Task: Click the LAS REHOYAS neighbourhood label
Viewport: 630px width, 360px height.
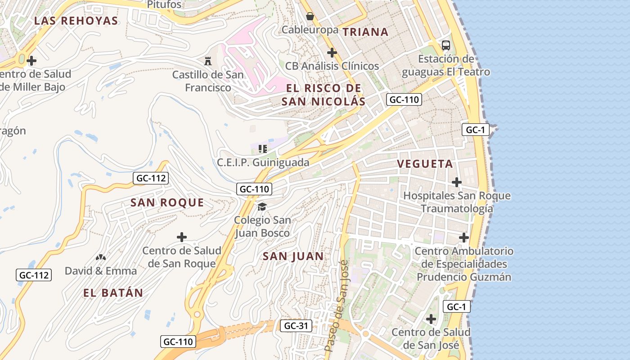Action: [76, 21]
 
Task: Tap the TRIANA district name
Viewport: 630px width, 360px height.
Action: [365, 32]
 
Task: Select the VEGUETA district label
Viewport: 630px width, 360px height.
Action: [425, 164]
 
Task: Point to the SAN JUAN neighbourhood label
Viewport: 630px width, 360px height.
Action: [293, 256]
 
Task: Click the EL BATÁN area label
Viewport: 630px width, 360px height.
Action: [113, 293]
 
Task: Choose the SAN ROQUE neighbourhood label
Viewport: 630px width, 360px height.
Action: [167, 203]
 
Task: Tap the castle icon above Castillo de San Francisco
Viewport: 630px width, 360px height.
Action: [208, 61]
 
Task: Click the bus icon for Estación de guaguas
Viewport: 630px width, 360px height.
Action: [446, 45]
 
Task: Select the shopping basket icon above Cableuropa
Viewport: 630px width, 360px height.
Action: [310, 17]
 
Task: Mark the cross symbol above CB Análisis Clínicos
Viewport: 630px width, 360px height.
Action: [332, 53]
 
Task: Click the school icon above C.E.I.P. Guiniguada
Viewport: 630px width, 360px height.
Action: [263, 148]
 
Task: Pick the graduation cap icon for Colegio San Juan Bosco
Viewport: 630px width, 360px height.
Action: [262, 207]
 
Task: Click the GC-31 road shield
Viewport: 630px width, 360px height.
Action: [296, 326]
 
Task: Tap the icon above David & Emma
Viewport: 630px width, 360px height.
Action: [101, 257]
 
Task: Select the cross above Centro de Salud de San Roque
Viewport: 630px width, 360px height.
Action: [182, 237]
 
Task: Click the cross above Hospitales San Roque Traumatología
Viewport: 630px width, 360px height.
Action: [457, 182]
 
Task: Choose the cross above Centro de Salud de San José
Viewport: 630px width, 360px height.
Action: [431, 319]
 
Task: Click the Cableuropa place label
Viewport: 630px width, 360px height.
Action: [310, 30]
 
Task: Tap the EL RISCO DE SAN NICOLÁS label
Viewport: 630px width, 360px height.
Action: [324, 94]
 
